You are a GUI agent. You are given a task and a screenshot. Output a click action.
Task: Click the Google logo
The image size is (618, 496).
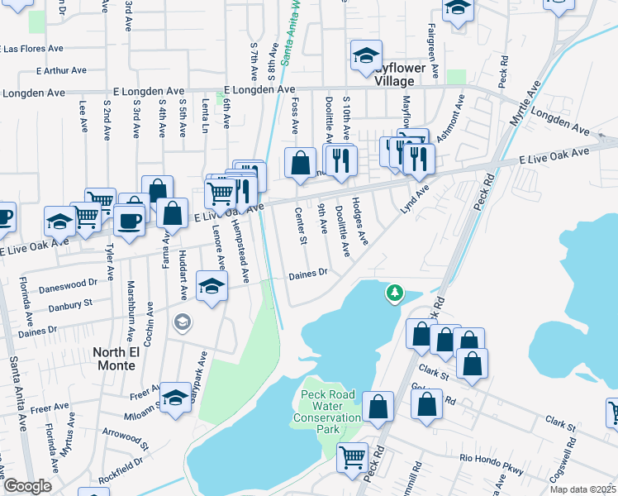27,486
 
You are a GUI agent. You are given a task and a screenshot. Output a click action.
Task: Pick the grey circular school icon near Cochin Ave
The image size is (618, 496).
182,322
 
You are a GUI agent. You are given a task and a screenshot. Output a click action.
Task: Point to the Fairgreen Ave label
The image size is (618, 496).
449,32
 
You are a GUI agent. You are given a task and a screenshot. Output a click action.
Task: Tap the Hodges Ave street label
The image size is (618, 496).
360,222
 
